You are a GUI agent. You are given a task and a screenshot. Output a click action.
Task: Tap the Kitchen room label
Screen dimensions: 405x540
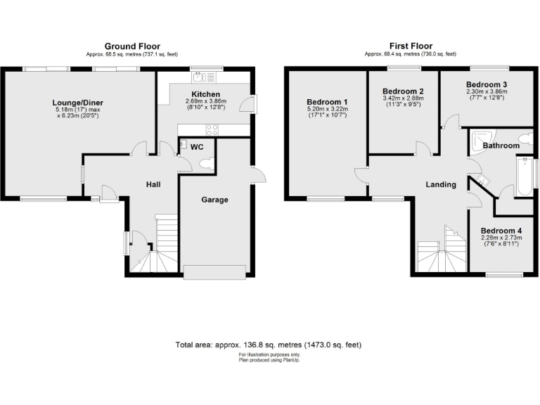click(206, 94)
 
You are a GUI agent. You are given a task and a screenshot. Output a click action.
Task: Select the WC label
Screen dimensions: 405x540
click(198, 147)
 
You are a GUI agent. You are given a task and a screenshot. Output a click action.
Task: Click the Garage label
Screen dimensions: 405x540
click(214, 200)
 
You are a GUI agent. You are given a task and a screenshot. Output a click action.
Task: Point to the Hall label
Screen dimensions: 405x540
click(153, 184)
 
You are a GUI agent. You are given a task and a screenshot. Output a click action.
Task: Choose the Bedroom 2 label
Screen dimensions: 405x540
click(403, 91)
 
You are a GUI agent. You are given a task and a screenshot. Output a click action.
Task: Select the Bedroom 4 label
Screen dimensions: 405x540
click(501, 230)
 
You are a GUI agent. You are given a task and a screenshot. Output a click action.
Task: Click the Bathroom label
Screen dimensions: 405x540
click(501, 146)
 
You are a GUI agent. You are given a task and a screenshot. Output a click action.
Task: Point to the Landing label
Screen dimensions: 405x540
click(441, 184)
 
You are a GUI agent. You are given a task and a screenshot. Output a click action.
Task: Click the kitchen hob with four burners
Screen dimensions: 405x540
click(211, 129)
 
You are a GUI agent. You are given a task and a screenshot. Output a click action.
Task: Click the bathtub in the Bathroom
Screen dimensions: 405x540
click(523, 177)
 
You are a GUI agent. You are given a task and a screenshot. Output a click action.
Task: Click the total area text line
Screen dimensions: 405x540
click(268, 345)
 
